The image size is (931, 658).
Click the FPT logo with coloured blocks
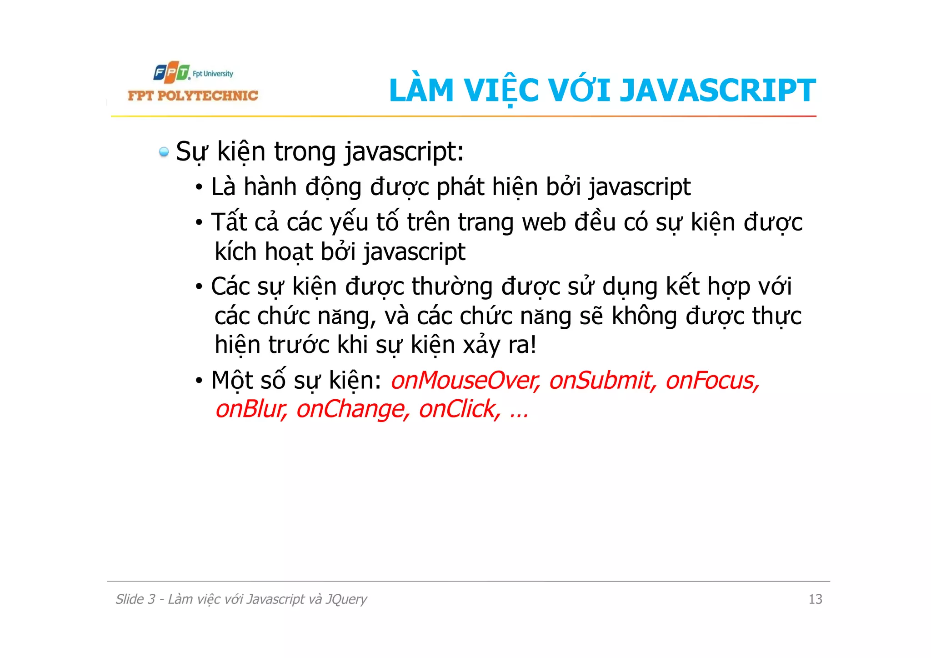pyautogui.click(x=171, y=73)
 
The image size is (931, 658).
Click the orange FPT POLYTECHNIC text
pyautogui.click(x=193, y=95)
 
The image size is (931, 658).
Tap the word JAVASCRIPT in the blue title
pyautogui.click(x=718, y=90)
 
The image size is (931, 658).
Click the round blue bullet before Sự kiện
pyautogui.click(x=164, y=152)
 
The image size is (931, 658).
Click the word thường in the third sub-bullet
pyautogui.click(x=452, y=286)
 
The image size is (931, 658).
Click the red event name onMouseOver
pyautogui.click(x=465, y=380)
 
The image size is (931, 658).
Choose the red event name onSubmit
pyautogui.click(x=602, y=380)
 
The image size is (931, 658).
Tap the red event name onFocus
pyautogui.click(x=712, y=380)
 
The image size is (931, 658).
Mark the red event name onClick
pyautogui.click(x=459, y=409)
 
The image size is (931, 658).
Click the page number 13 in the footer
pyautogui.click(x=815, y=599)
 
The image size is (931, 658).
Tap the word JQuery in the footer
pyautogui.click(x=346, y=599)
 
